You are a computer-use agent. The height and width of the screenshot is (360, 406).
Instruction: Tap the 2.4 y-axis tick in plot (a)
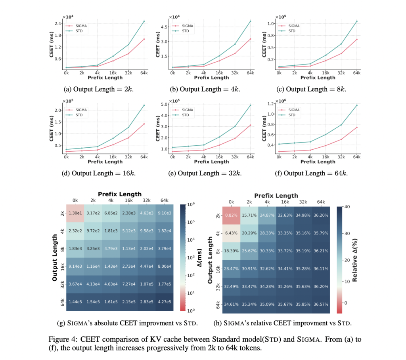coord(57,24)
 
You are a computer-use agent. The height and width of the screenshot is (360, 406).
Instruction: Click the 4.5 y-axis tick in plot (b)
coord(164,27)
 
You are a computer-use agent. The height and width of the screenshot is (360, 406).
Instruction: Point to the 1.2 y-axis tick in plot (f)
coord(271,104)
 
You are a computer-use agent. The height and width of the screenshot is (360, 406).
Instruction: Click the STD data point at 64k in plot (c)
coord(356,21)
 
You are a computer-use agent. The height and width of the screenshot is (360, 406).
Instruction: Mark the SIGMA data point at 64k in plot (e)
coord(250,125)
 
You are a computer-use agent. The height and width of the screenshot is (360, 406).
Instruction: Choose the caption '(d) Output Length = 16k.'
coord(98,173)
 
